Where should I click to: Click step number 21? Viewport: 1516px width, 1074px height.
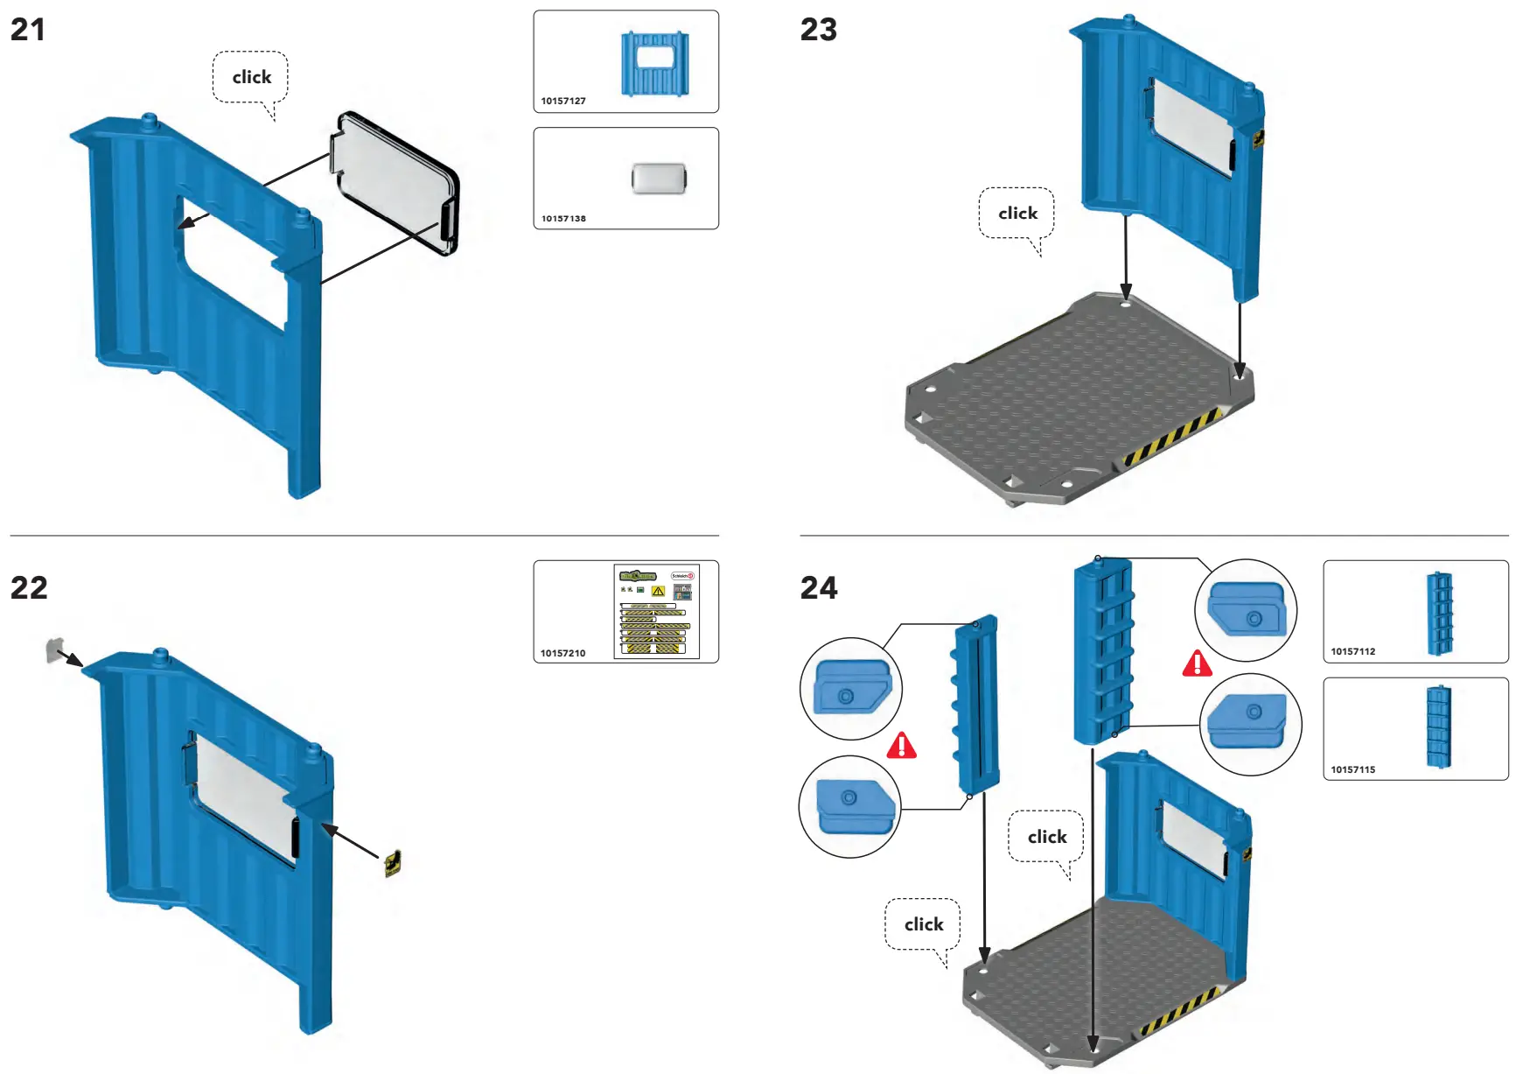(x=27, y=30)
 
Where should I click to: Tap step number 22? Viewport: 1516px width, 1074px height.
(x=29, y=587)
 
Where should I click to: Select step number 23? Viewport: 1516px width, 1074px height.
(x=818, y=30)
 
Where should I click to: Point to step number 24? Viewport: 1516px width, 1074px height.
(x=819, y=587)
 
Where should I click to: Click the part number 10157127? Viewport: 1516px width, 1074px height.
(x=562, y=101)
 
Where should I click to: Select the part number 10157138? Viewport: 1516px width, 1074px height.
(x=562, y=219)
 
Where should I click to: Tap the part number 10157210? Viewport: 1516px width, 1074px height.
(x=562, y=653)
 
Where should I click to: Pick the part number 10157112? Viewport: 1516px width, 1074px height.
(x=1352, y=651)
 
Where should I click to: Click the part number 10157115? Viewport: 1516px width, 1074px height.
(x=1352, y=769)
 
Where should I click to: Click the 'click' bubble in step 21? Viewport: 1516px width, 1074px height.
(x=251, y=77)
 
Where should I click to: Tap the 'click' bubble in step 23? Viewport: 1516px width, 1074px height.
(x=1017, y=213)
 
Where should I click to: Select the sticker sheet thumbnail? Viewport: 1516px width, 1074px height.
(x=657, y=611)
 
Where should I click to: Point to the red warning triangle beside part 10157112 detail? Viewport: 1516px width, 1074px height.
(x=1197, y=663)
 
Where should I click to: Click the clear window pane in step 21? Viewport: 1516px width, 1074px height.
(x=395, y=184)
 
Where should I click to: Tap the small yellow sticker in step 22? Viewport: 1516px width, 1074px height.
(x=393, y=863)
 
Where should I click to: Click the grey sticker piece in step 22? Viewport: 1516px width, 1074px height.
(x=55, y=649)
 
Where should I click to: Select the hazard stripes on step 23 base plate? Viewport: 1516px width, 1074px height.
(x=1173, y=435)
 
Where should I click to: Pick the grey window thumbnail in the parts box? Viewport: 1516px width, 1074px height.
(x=659, y=179)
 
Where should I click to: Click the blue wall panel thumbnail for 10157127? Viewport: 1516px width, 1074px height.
(x=654, y=63)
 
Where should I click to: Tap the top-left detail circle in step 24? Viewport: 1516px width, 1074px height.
(x=850, y=688)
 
